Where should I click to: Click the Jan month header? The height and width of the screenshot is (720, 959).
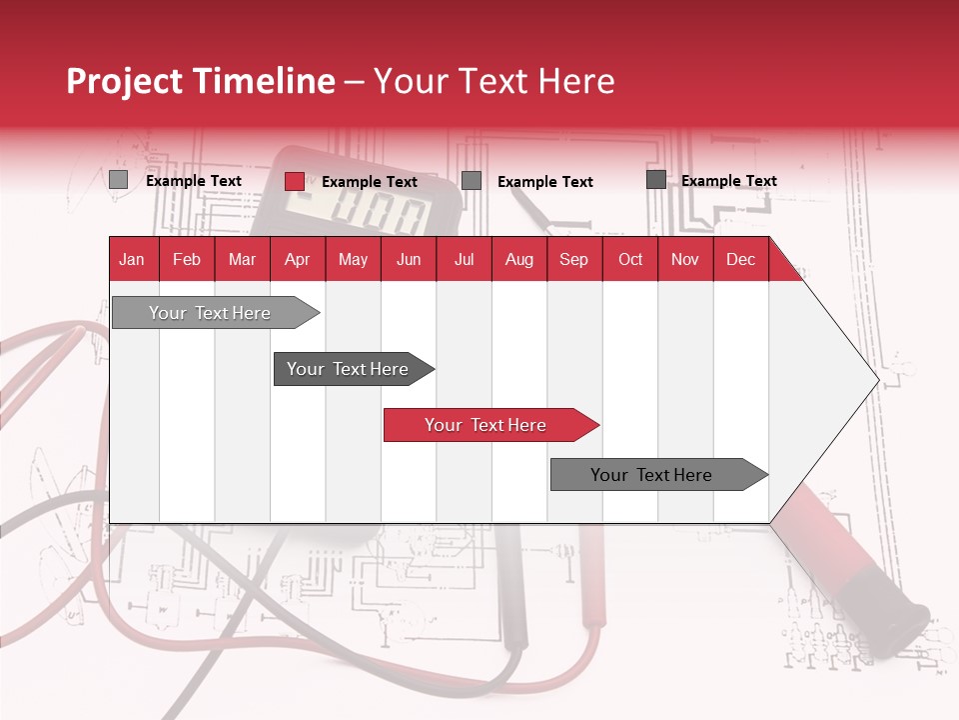pos(132,259)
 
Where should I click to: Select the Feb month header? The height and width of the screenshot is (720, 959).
pos(187,259)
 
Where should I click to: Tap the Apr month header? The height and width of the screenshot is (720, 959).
pos(297,259)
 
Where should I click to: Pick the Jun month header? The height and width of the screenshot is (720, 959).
pos(409,259)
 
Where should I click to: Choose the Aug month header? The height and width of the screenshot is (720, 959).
pos(518,259)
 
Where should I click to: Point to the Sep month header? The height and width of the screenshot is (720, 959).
pos(573,259)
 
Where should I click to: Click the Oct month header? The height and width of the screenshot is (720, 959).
pos(630,259)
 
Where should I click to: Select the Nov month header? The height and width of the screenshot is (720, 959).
pos(685,259)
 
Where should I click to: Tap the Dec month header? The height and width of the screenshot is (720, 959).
pos(740,259)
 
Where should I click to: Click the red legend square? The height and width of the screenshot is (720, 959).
pos(295,181)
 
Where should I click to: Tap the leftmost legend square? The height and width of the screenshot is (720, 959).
pos(119,180)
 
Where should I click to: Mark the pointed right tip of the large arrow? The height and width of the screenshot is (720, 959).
pos(877,380)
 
